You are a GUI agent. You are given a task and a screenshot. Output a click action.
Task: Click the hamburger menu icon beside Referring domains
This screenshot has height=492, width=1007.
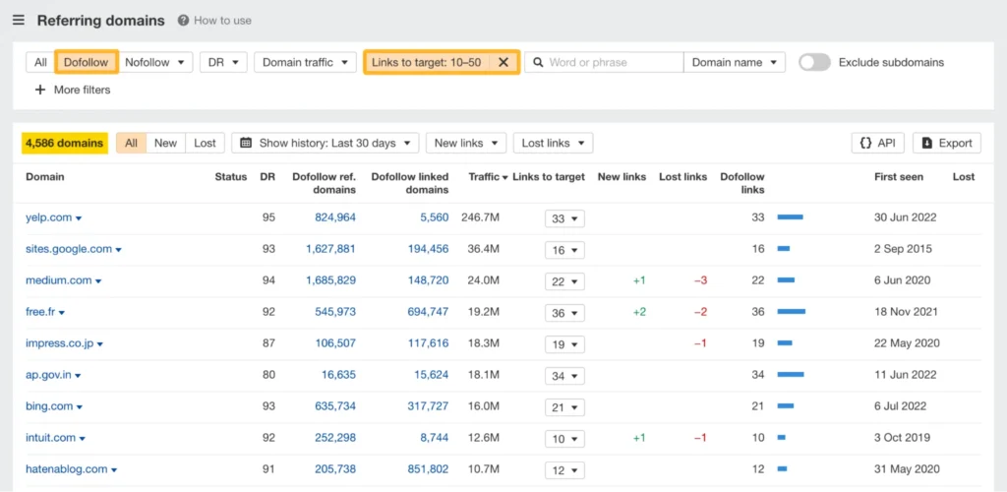[19, 20]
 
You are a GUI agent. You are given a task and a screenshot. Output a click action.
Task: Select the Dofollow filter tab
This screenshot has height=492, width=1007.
[87, 62]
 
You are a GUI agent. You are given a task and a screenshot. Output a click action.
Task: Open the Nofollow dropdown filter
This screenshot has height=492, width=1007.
[152, 62]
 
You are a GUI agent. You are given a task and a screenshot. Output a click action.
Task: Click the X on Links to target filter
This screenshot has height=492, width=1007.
[503, 62]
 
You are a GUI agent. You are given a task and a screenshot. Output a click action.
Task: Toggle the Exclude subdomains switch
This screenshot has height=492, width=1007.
[814, 62]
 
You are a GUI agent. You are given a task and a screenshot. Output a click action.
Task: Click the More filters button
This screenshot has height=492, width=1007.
[73, 90]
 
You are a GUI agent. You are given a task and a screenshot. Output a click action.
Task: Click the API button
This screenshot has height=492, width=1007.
[877, 143]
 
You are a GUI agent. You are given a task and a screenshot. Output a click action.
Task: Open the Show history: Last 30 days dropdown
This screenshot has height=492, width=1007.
[326, 143]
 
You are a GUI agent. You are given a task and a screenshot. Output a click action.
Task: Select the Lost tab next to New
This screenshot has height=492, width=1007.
[205, 143]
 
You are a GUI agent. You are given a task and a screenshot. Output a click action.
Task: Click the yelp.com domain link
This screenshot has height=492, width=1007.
[48, 217]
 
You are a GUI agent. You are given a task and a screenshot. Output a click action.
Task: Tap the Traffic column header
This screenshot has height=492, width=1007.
[488, 177]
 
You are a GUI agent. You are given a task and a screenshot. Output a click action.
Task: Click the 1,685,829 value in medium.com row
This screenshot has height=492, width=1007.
[329, 280]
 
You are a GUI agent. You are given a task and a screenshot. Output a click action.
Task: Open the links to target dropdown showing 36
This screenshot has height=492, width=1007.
[564, 312]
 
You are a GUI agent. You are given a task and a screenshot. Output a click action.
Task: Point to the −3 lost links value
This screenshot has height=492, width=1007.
[700, 280]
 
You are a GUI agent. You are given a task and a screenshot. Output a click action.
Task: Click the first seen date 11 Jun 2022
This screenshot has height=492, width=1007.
[907, 375]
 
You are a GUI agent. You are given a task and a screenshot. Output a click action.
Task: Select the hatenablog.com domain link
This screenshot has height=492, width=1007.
[67, 469]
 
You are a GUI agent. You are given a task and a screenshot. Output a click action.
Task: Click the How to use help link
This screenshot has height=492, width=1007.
[214, 20]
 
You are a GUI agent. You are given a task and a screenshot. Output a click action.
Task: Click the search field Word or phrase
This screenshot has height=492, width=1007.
[604, 62]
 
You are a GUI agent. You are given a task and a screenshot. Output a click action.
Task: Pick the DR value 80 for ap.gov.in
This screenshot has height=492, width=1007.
[268, 375]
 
